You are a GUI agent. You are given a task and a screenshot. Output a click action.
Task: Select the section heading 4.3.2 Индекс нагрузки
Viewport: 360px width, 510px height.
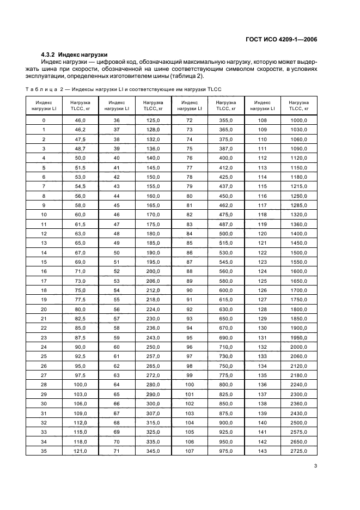[74, 54]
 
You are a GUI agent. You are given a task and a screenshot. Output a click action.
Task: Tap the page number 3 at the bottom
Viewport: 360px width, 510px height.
[316, 466]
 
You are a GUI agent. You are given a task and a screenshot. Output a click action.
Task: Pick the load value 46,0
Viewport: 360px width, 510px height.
[80, 120]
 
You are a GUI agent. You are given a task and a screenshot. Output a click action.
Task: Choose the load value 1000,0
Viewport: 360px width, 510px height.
[298, 120]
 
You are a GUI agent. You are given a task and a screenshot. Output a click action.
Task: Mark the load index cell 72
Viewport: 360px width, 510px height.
[190, 120]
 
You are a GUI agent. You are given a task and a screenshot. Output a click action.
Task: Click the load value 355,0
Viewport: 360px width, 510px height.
[226, 120]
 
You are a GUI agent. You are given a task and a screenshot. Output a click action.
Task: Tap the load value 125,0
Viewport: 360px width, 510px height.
[153, 120]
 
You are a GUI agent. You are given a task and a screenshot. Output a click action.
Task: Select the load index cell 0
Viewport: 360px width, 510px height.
[44, 120]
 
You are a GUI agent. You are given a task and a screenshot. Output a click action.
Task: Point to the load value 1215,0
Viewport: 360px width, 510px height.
[298, 186]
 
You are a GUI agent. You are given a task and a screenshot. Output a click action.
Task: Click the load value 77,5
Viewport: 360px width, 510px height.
[80, 300]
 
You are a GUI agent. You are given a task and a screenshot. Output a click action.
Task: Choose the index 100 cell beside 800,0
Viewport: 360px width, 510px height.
[190, 385]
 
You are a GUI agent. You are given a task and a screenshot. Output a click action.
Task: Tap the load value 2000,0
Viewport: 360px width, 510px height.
[298, 347]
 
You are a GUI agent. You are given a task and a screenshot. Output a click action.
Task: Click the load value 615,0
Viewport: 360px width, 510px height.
[226, 300]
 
